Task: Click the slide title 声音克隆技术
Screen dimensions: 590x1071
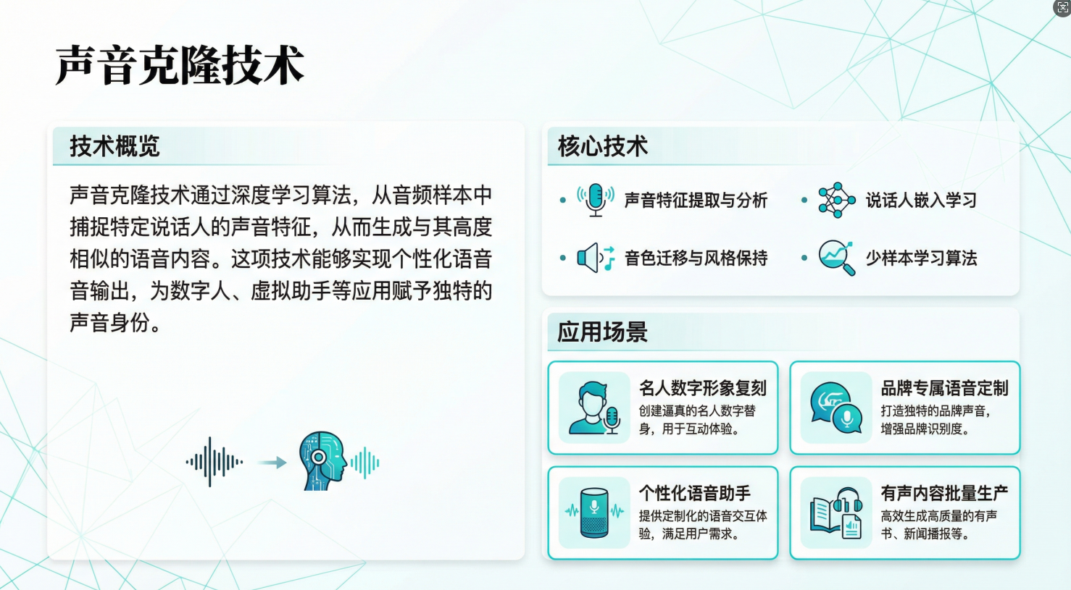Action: (180, 65)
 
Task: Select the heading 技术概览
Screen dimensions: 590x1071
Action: (114, 146)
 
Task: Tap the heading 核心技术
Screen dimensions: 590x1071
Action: (602, 146)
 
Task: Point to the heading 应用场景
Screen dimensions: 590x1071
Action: (602, 332)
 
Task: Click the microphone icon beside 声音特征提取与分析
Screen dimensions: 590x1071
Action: (596, 200)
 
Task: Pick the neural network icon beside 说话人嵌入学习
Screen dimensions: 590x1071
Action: (836, 200)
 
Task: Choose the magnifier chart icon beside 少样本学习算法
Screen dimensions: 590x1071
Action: (836, 258)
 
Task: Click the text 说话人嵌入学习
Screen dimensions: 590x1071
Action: (921, 201)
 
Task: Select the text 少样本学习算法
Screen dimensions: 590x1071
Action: (921, 258)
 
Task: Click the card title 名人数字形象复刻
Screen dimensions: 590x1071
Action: (702, 388)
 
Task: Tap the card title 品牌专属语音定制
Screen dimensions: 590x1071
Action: (944, 388)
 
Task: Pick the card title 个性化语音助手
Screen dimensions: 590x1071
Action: (694, 494)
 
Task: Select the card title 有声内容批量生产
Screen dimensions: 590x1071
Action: (944, 494)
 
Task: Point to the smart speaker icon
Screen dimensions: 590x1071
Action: (594, 513)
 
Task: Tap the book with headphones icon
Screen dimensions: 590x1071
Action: (836, 513)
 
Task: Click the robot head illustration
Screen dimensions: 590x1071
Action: (322, 461)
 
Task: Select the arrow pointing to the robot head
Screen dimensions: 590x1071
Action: (272, 463)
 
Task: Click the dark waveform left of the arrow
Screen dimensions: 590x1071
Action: (213, 461)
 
